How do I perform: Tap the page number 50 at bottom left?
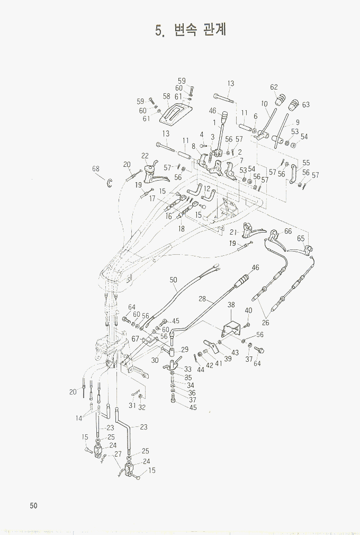coord(33,505)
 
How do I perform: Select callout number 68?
coord(96,169)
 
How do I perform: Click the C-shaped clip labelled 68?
coord(110,183)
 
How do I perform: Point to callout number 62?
coord(274,87)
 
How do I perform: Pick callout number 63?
coord(306,104)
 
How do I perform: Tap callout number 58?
coord(166,96)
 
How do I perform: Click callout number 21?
coord(233,233)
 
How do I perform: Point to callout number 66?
coord(288,231)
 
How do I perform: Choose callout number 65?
coord(301,239)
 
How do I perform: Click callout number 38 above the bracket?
coord(231,305)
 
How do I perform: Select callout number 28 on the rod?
coord(202,299)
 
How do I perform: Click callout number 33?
coord(187,369)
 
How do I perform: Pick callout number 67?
coord(136,338)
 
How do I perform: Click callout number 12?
coord(208,189)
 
